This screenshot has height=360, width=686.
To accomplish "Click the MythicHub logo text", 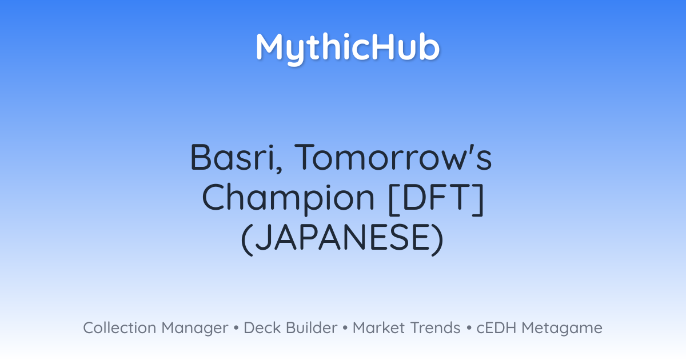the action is pyautogui.click(x=348, y=49).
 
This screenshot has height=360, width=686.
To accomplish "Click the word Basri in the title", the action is pyautogui.click(x=233, y=157).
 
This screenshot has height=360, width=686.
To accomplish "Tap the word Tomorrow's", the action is pyautogui.click(x=393, y=157).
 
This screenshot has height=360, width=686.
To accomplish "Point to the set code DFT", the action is pyautogui.click(x=436, y=197).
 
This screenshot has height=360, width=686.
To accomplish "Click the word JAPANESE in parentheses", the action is pyautogui.click(x=342, y=237).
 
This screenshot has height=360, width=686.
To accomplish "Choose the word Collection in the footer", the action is pyautogui.click(x=119, y=327).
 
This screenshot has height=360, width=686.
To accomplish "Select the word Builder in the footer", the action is pyautogui.click(x=312, y=327).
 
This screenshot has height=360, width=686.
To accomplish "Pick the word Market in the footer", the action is pyautogui.click(x=379, y=327).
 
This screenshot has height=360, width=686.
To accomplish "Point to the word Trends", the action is pyautogui.click(x=436, y=327).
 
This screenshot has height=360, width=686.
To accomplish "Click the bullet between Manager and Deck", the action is pyautogui.click(x=236, y=328).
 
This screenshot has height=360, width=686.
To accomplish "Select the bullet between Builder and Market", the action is pyautogui.click(x=345, y=328).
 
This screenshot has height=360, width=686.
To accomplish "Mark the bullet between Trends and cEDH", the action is pyautogui.click(x=469, y=328).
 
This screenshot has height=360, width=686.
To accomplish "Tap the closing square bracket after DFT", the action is pyautogui.click(x=478, y=199).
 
